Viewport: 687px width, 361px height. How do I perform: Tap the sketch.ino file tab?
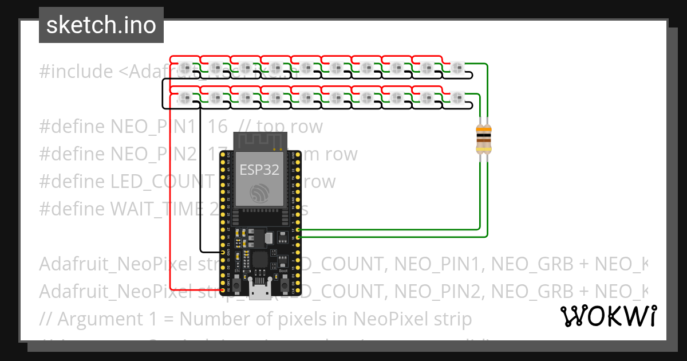[101, 25]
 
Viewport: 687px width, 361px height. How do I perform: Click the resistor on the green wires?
[484, 139]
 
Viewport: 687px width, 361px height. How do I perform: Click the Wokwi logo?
[608, 316]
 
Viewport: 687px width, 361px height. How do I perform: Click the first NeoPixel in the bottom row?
[185, 99]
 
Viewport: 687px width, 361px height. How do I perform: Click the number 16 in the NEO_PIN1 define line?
[218, 127]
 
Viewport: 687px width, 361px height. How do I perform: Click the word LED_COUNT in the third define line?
[162, 181]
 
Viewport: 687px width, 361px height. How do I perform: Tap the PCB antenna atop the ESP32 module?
[260, 140]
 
